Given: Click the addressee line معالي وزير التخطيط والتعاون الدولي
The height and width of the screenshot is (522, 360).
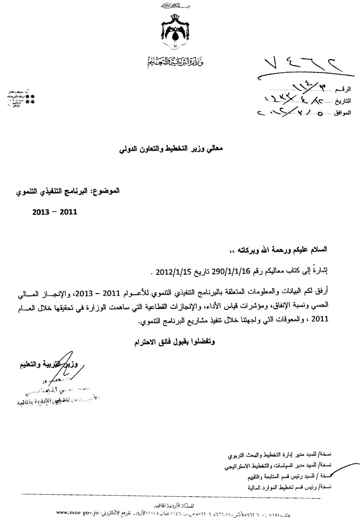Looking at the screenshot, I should [x=170, y=150].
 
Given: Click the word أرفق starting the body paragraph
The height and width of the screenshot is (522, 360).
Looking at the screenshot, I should [x=322, y=294].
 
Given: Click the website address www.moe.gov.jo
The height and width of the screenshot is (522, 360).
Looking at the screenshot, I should [x=78, y=513].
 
